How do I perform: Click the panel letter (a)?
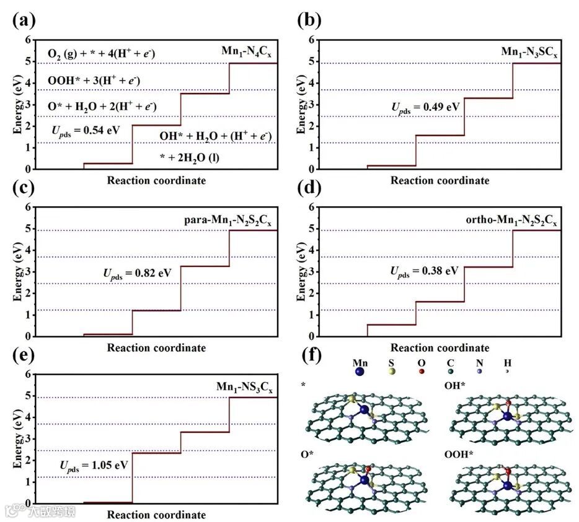click(x=23, y=20)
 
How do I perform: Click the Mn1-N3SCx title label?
click(x=531, y=51)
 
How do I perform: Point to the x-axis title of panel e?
click(x=156, y=515)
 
